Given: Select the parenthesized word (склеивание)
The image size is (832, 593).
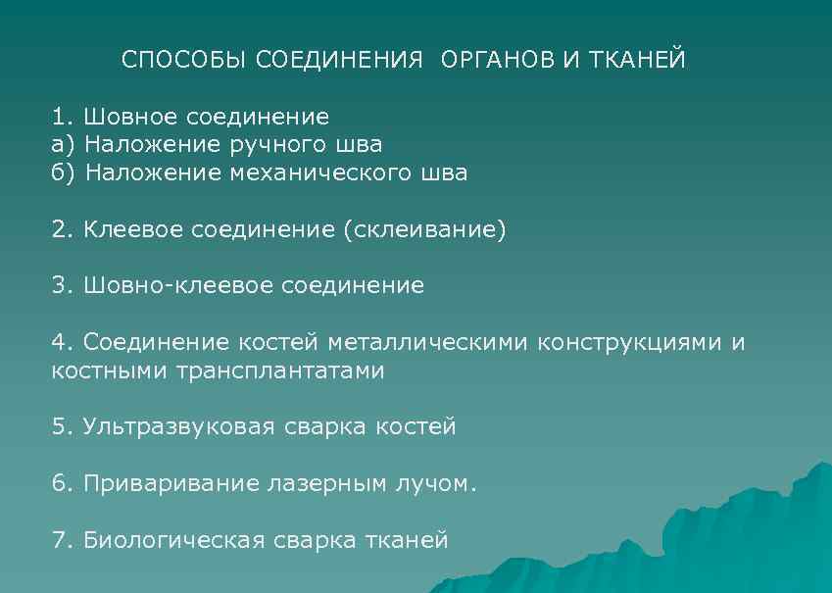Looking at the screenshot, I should (x=424, y=230).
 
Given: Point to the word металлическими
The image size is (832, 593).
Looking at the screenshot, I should (x=432, y=343).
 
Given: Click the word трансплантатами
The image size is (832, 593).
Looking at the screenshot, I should (x=280, y=371).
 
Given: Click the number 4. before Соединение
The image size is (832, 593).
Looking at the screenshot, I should (x=63, y=343).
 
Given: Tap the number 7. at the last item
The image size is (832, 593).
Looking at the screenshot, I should (x=63, y=540).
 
